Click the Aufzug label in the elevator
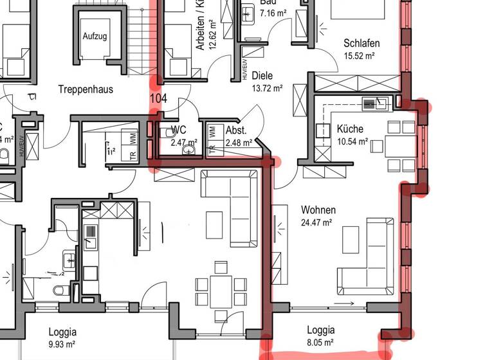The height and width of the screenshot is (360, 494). (x=95, y=36)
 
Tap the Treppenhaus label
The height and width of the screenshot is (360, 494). (x=86, y=89)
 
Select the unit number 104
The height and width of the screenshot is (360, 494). (x=158, y=98)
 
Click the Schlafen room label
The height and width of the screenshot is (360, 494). (x=361, y=44)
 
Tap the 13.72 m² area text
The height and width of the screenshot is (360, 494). (x=268, y=88)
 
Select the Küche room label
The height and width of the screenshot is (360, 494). (x=350, y=129)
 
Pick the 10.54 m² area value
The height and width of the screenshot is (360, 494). (x=352, y=141)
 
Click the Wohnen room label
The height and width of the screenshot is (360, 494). (x=318, y=210)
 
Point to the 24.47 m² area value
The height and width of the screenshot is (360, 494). (x=316, y=222)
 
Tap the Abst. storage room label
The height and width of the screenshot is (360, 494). (x=235, y=130)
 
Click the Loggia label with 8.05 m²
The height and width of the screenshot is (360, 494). (x=320, y=330)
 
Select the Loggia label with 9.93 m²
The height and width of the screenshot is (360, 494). (x=62, y=332)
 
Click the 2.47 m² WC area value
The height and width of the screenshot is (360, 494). (x=183, y=143)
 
